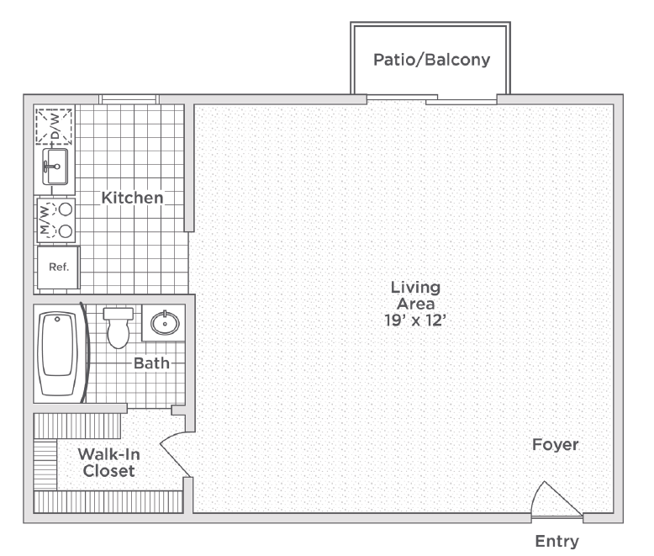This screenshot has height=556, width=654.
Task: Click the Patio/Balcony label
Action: pyautogui.click(x=432, y=60)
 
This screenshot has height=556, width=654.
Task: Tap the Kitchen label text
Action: pyautogui.click(x=132, y=198)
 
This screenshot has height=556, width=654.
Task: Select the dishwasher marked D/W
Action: pyautogui.click(x=54, y=126)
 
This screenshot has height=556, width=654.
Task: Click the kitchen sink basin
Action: pyautogui.click(x=55, y=167)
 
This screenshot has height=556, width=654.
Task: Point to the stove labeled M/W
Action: pyautogui.click(x=55, y=220)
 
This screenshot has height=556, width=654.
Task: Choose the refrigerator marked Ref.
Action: pyautogui.click(x=58, y=267)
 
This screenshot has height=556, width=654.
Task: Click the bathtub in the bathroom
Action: pyautogui.click(x=58, y=353)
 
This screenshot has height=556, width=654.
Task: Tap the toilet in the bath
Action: pyautogui.click(x=119, y=328)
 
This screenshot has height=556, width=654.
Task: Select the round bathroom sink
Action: pyautogui.click(x=165, y=323)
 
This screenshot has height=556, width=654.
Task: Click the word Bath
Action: pyautogui.click(x=151, y=363)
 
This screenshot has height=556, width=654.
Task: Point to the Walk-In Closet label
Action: pyautogui.click(x=109, y=463)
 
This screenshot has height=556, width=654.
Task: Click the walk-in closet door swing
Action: pyautogui.click(x=173, y=456)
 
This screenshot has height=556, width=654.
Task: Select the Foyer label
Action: pyautogui.click(x=555, y=445)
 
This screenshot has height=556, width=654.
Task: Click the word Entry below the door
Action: pyautogui.click(x=556, y=542)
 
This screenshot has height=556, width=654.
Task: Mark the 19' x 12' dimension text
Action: pyautogui.click(x=415, y=320)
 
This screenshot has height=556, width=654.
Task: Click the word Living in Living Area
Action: pyautogui.click(x=415, y=288)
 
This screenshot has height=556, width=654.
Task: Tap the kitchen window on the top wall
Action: pyautogui.click(x=129, y=99)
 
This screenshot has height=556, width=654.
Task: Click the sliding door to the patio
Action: pyautogui.click(x=432, y=99)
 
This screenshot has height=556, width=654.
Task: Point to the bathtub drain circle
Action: pyautogui.click(x=57, y=320)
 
